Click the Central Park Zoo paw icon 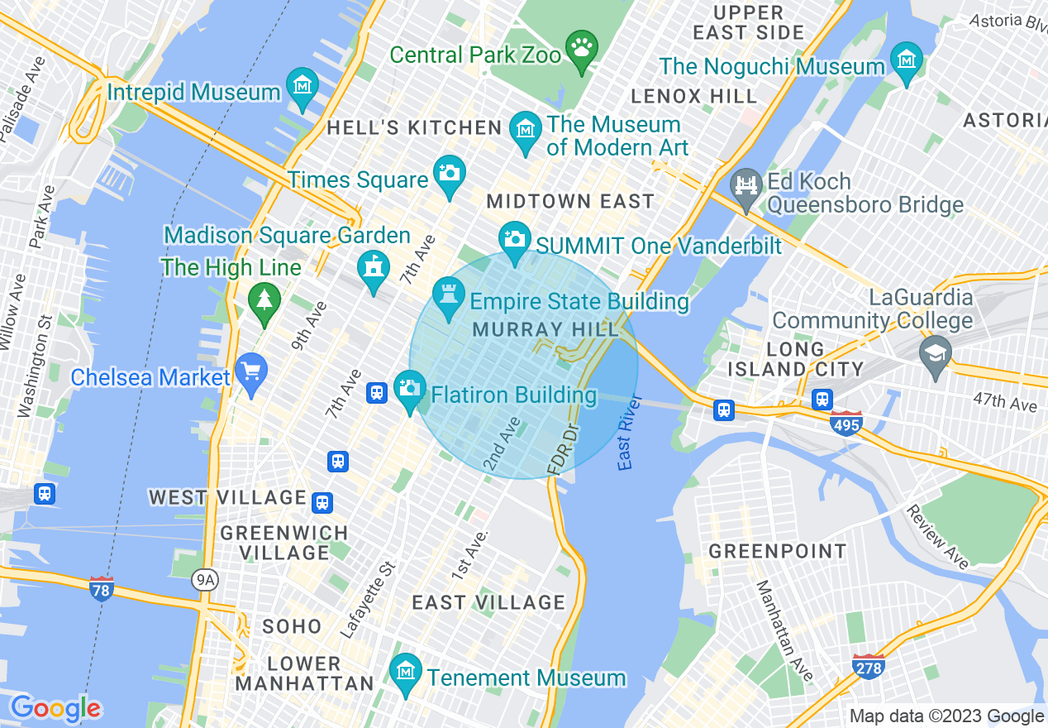583,45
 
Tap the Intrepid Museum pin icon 302,85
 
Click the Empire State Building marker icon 449,295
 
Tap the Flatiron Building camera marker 409,388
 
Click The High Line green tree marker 264,299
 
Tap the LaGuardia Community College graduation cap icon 936,353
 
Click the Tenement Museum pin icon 405,671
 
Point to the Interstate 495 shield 847,424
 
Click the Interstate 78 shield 101,589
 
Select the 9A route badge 204,580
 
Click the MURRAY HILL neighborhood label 545,329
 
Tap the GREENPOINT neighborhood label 778,551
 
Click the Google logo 55,709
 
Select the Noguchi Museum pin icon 907,60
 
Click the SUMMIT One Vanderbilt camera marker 514,239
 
